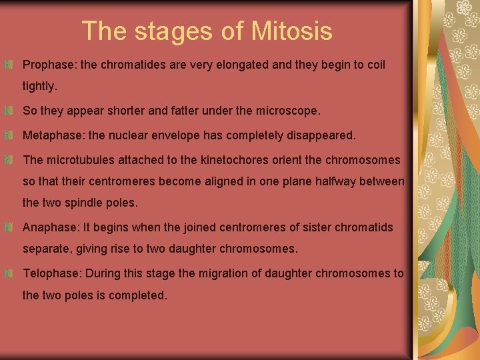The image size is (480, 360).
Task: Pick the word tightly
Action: (x=40, y=87)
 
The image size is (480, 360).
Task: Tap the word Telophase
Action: (x=51, y=273)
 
